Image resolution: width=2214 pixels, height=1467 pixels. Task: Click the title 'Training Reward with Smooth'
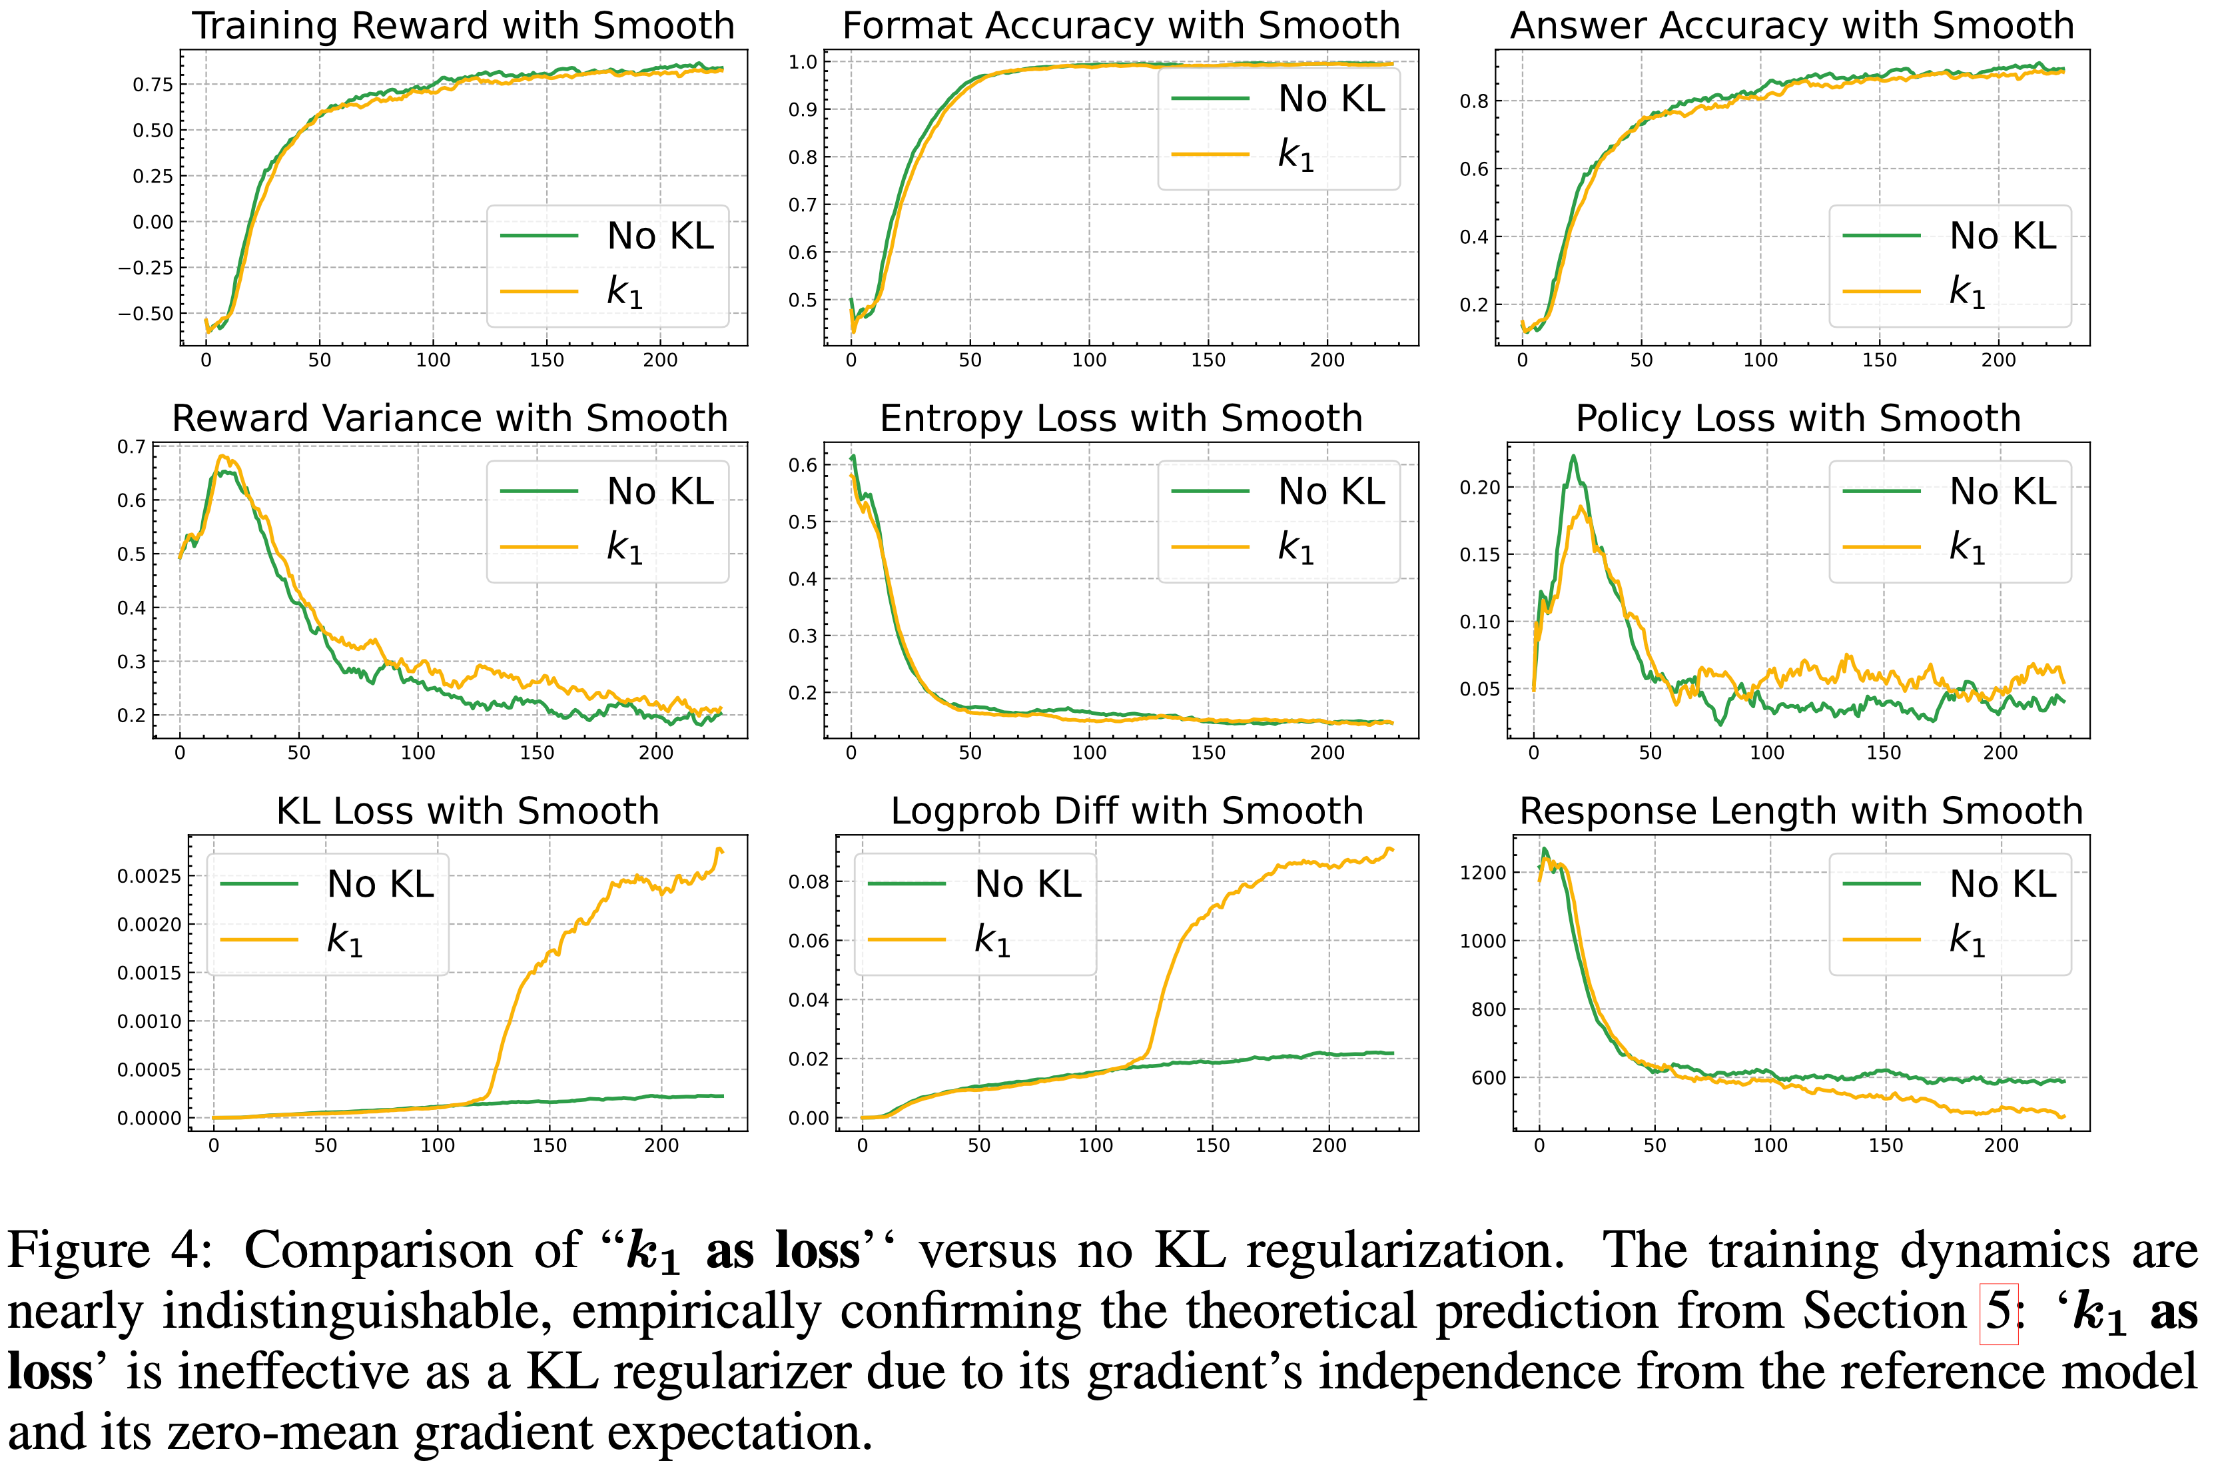(463, 25)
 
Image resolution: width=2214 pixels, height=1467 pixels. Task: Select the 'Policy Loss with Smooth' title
(1798, 418)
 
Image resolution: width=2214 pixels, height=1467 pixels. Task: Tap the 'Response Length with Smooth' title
(1800, 811)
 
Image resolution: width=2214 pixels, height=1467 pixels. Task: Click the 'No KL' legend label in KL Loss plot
(380, 884)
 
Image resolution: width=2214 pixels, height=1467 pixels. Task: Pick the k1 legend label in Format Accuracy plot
(1295, 155)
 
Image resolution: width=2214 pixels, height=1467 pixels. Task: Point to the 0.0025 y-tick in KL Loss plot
(149, 877)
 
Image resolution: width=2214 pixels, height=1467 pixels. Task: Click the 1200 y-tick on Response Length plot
(1483, 873)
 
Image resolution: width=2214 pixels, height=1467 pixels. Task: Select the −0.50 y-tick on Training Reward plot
(145, 313)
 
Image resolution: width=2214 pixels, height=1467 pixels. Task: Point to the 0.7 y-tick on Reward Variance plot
(131, 447)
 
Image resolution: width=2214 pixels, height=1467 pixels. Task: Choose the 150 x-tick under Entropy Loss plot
(1208, 753)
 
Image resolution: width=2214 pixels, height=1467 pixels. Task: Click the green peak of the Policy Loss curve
(1573, 456)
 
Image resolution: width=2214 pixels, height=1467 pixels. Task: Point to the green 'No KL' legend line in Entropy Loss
(1210, 491)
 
